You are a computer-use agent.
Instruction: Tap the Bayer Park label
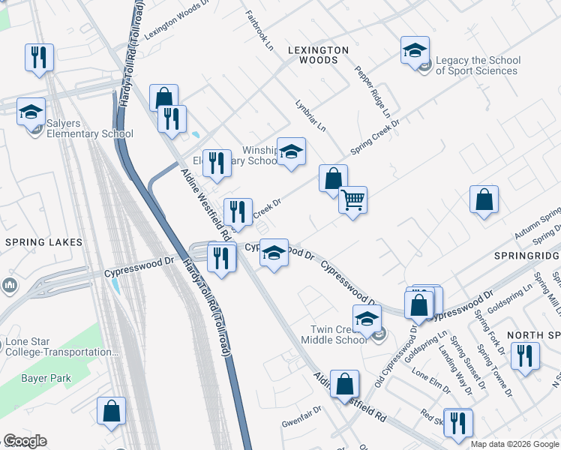[x=46, y=378]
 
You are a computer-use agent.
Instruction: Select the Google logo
[x=25, y=441]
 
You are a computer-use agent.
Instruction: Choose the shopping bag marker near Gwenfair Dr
[x=344, y=385]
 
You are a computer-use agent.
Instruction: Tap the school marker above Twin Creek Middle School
[x=367, y=319]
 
